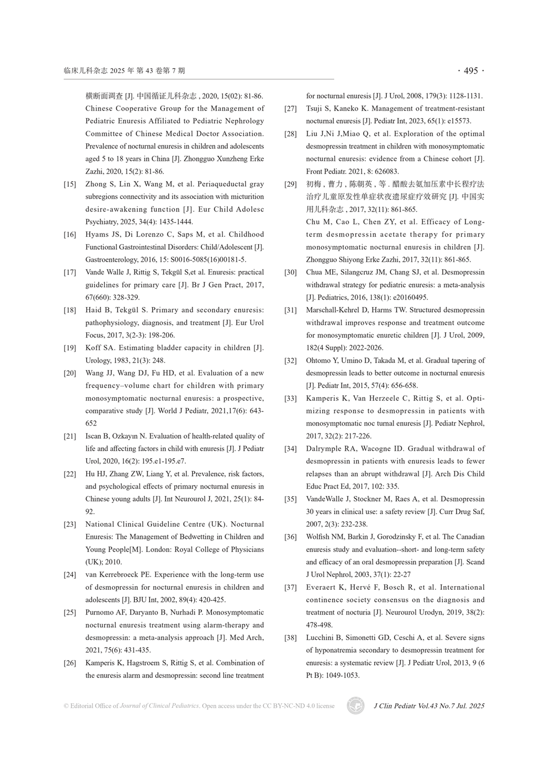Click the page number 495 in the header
(x=471, y=71)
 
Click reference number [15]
(x=70, y=184)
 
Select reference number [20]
(x=70, y=373)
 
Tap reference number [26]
(x=70, y=663)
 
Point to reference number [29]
(x=291, y=184)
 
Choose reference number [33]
(x=291, y=398)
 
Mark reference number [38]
(x=291, y=638)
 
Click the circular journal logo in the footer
(x=355, y=706)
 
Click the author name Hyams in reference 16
(x=97, y=235)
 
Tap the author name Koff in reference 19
(x=93, y=348)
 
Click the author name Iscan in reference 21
(x=94, y=436)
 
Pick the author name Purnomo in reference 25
(x=101, y=612)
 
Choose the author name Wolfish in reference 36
(x=319, y=537)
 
